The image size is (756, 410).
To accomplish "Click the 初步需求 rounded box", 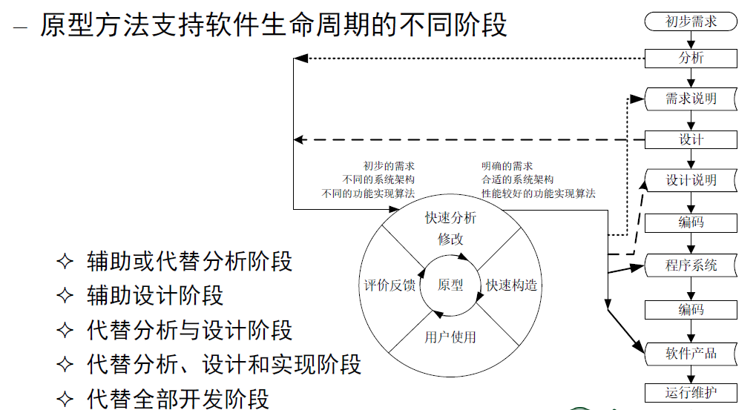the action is coord(691,22).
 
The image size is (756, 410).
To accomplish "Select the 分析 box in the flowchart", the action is coord(691,58).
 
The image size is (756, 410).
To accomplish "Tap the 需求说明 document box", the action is coord(691,99).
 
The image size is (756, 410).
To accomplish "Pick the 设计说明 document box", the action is coord(691,180).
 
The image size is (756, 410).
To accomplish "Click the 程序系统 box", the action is coord(691,265).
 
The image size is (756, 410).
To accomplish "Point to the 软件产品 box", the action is coord(691,353).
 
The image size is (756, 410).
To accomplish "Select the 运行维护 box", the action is coord(691,392).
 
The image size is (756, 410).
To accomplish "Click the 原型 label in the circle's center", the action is coord(450,285).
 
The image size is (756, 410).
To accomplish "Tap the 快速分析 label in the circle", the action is coord(450,218).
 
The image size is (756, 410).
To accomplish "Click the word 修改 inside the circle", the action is coord(450,239).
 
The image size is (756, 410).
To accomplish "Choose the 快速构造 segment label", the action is coord(511,285).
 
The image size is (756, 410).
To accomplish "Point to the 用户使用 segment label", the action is coord(450,337).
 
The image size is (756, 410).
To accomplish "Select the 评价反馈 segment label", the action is coord(389,285).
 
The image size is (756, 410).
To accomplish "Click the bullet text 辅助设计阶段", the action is coord(155,295).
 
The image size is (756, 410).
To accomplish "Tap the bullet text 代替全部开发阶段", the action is coord(178,398).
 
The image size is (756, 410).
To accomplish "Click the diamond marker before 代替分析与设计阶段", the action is coord(66,330).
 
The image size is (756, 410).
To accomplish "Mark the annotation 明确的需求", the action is coord(507,166).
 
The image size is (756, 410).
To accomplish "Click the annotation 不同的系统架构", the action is coord(378,179).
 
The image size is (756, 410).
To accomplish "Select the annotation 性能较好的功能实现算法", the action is coord(538,194).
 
